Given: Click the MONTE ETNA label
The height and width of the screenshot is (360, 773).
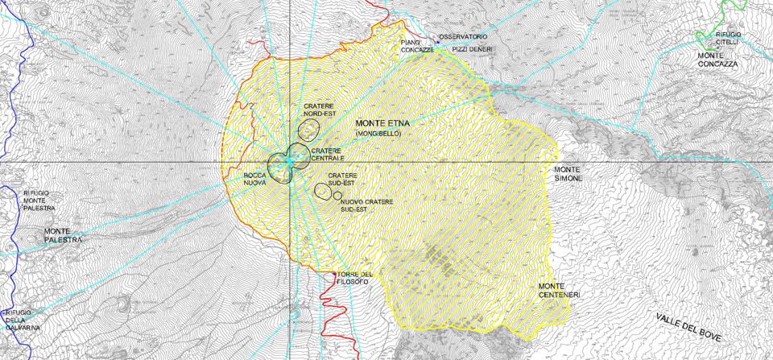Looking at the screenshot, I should (x=383, y=123).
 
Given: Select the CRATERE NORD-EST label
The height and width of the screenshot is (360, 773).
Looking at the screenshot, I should (x=320, y=110).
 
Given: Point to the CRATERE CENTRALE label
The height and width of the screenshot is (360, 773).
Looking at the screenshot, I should (x=327, y=154).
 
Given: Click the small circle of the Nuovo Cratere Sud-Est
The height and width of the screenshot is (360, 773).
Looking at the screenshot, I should (x=337, y=196).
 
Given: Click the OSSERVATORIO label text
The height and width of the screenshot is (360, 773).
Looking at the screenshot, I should (x=463, y=37).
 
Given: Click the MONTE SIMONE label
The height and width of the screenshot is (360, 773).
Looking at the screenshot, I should (x=567, y=174).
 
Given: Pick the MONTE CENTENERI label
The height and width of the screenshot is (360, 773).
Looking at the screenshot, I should (x=559, y=291).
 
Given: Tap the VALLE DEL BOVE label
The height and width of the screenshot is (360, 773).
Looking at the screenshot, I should (x=688, y=326).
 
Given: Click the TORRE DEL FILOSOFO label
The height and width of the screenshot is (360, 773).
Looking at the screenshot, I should (x=355, y=278).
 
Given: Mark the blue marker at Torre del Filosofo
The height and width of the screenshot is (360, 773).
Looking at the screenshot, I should (x=335, y=274).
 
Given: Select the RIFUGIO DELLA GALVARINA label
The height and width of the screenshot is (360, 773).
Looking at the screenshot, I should (x=19, y=320).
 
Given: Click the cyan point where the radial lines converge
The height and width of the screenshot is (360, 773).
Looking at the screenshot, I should (x=289, y=162).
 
